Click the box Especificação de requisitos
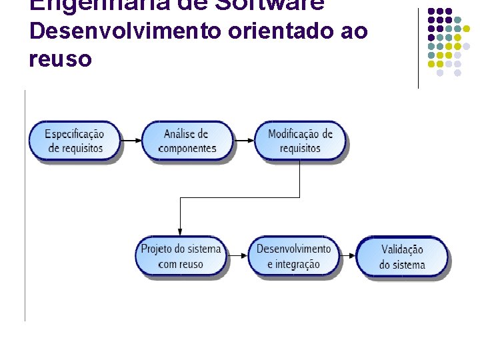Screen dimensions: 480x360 75,141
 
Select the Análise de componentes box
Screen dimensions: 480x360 187,141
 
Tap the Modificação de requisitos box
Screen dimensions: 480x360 300,141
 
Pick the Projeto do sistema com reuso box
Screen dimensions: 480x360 180,256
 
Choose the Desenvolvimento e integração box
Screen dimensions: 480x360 293,256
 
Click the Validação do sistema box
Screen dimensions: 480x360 402,257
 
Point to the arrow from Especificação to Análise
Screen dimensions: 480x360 131,141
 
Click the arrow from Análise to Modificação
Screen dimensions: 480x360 245,141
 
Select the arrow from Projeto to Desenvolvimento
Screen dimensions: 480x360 237,256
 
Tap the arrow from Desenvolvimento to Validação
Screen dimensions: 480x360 347,256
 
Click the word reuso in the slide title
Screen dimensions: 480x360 61,59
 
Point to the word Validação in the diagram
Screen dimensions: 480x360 402,249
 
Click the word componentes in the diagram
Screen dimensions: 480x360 187,148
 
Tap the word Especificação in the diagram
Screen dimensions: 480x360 75,133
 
